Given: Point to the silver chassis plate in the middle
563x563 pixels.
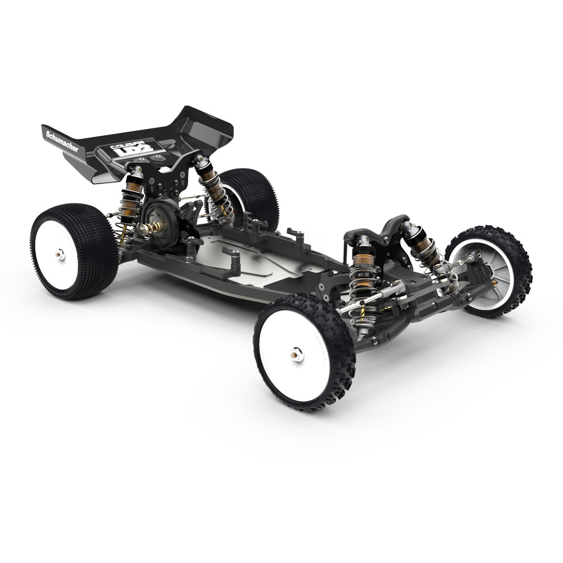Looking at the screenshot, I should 264,258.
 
